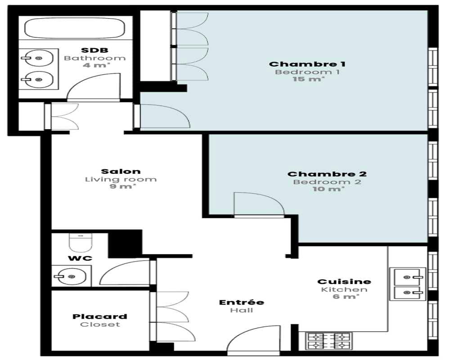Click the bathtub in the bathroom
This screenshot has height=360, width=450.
[x=75, y=28]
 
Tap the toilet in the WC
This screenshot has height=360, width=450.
[x=81, y=243]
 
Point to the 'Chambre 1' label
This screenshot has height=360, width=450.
[x=307, y=64]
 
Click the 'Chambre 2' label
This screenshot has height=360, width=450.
[x=327, y=174]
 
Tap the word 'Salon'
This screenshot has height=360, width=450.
[x=121, y=171]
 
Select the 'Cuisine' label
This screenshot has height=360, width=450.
[x=344, y=282]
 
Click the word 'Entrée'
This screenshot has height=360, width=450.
[x=241, y=302]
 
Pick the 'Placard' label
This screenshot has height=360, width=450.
[x=99, y=316]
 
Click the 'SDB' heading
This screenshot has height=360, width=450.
[x=94, y=50]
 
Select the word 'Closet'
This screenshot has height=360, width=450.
[x=100, y=324]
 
